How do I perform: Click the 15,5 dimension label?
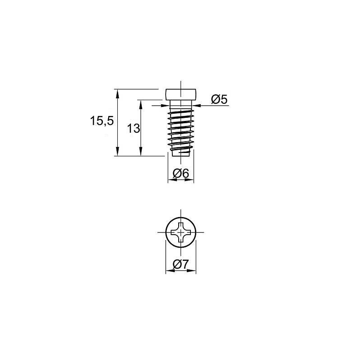point(102,121)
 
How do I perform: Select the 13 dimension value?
point(134,129)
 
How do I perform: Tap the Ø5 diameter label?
point(219,99)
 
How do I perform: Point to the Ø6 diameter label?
point(181,173)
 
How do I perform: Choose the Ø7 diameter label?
point(181,264)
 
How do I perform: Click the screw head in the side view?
point(181,94)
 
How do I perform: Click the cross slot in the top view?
point(181,232)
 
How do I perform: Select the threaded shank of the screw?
point(181,130)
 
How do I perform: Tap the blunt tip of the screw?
point(181,153)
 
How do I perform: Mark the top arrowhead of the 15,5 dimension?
point(118,93)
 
